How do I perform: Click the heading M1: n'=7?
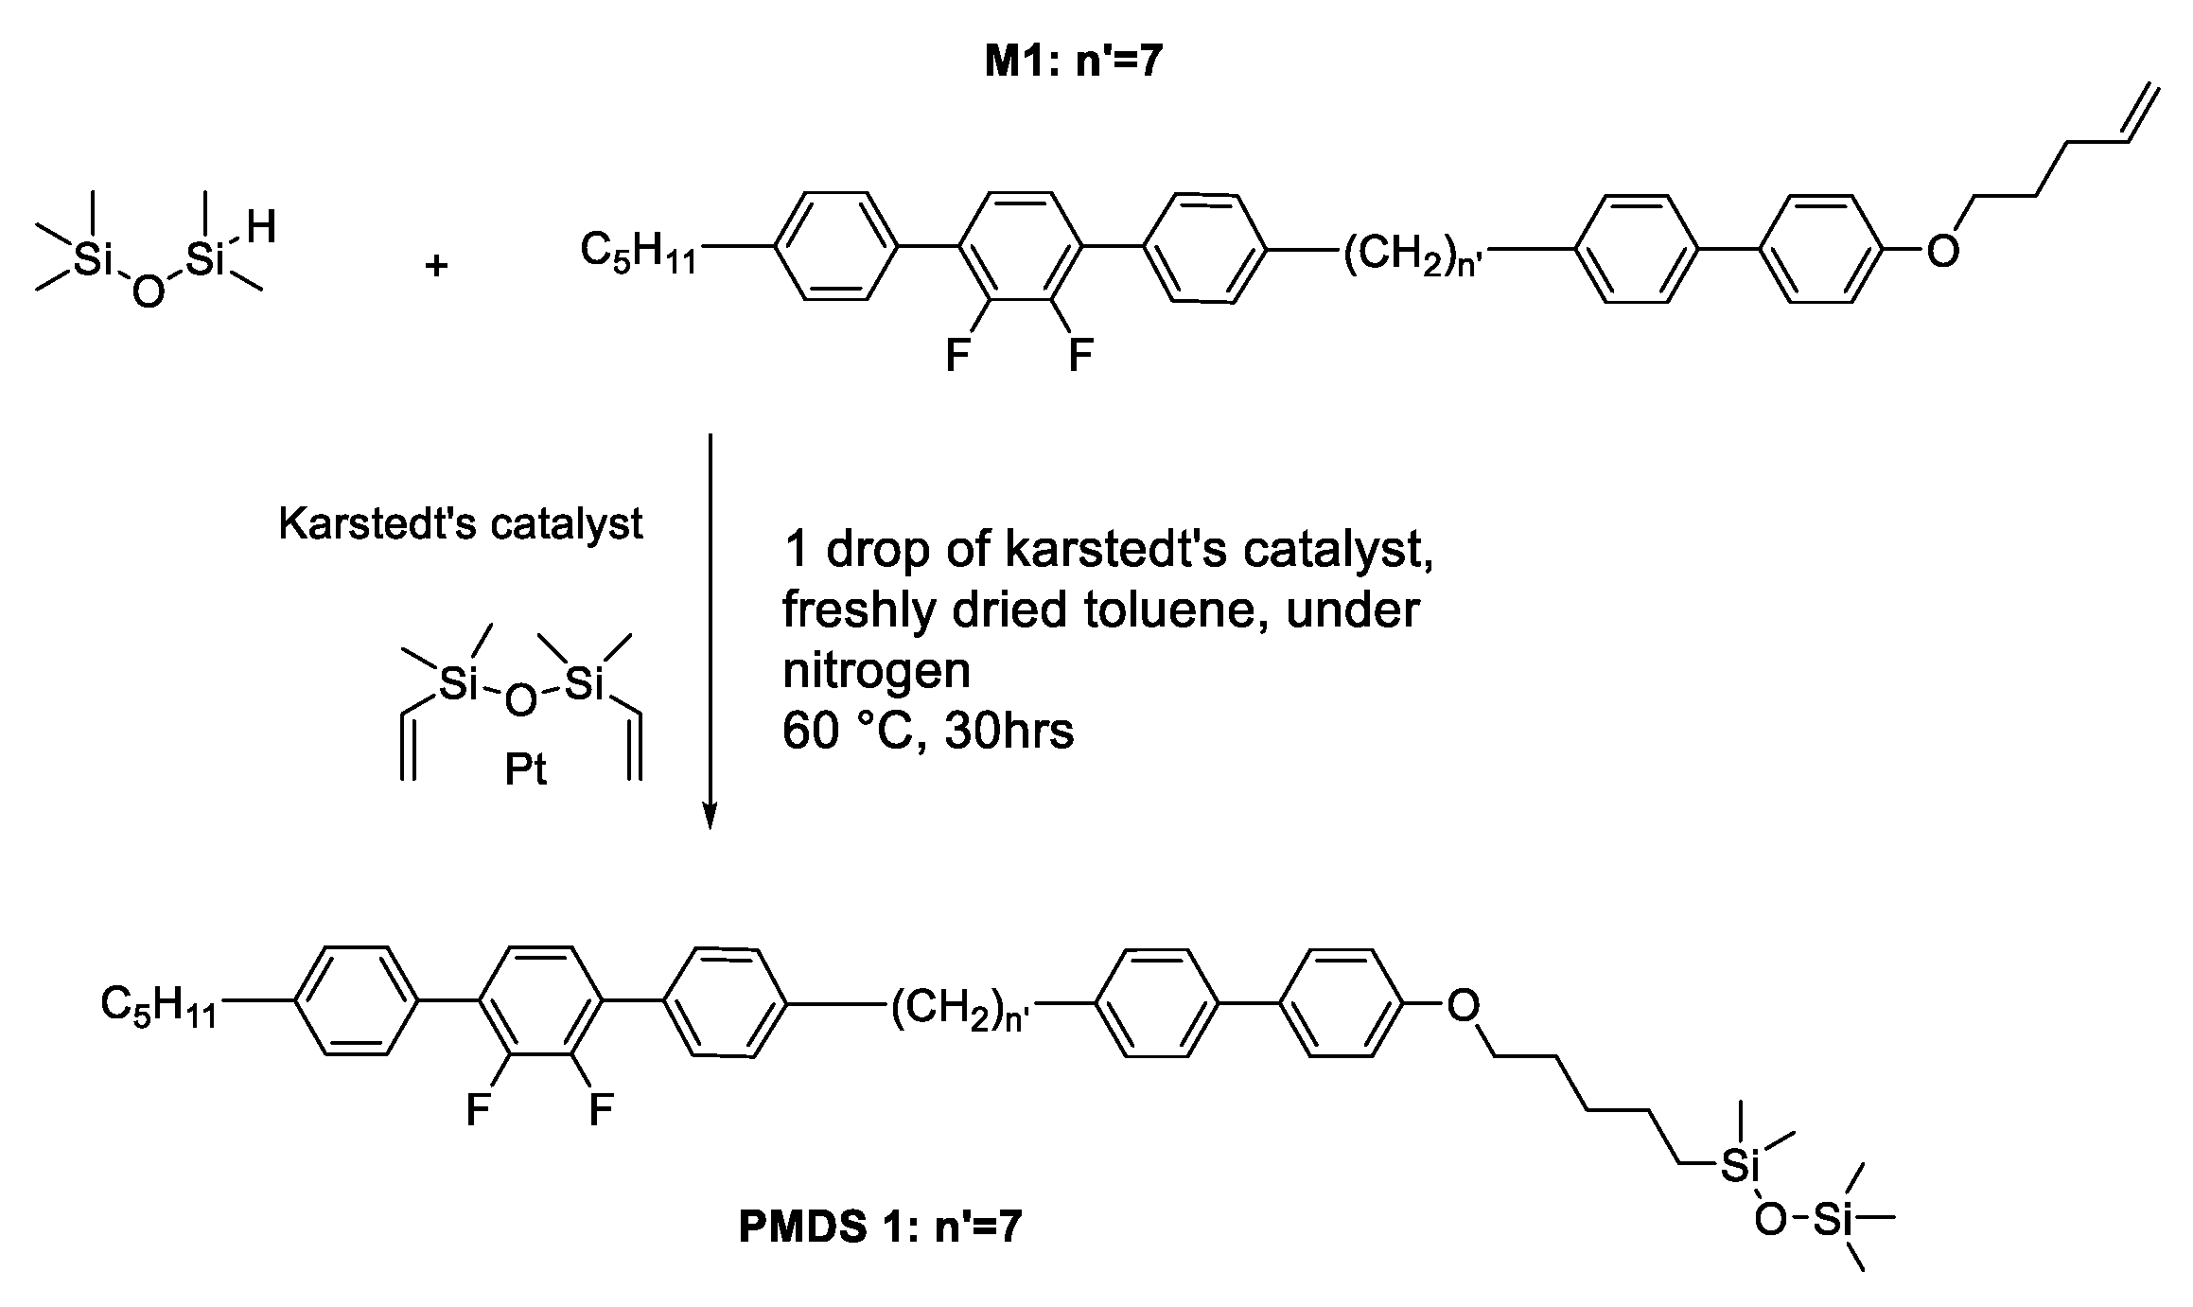(x=1073, y=62)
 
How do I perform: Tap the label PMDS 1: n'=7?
(x=880, y=1227)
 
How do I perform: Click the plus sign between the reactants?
(x=436, y=266)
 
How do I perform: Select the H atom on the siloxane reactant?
(x=260, y=228)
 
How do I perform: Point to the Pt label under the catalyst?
(x=525, y=770)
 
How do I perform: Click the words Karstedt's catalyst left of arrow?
(x=460, y=523)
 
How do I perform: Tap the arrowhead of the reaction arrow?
(x=710, y=816)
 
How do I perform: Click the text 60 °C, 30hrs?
(x=927, y=732)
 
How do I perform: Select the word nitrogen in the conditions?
(x=876, y=670)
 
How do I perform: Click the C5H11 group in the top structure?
(x=637, y=253)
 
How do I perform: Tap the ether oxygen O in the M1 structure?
(x=1942, y=251)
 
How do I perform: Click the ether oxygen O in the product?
(x=1463, y=1005)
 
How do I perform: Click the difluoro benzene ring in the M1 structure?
(x=1019, y=247)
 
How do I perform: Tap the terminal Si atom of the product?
(x=1833, y=1221)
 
